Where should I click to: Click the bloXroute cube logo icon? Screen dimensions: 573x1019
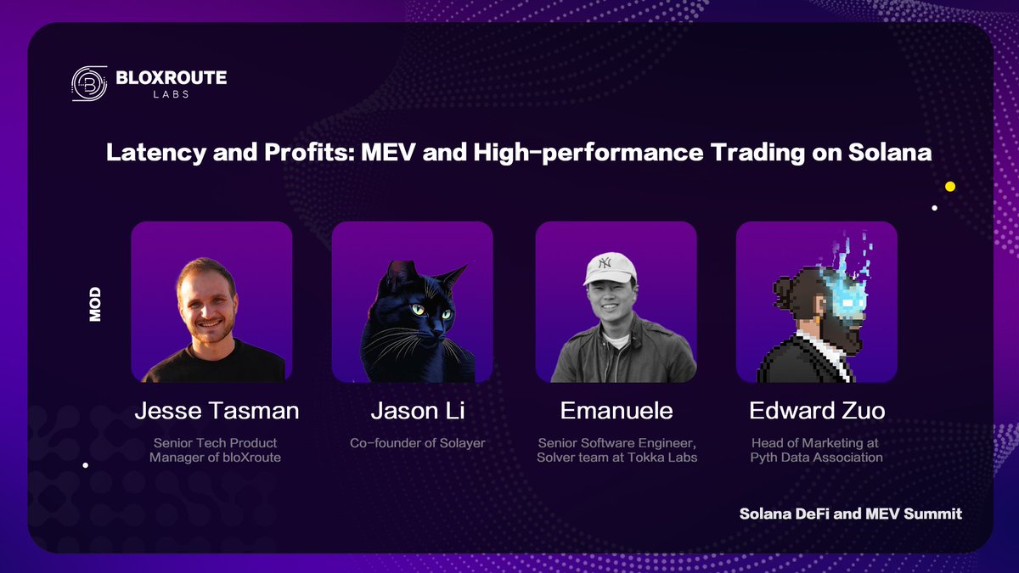88,83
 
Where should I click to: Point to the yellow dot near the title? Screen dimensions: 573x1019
950,186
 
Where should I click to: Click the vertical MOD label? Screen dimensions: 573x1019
95,303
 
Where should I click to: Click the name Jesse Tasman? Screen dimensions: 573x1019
217,411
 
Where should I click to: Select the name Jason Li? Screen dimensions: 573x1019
417,411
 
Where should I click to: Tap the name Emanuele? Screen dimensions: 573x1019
616,411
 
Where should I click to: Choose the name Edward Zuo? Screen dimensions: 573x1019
817,411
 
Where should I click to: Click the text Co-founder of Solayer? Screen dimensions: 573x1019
417,443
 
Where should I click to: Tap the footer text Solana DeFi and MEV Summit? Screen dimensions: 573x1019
850,514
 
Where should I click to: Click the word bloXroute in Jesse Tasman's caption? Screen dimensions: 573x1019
251,458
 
